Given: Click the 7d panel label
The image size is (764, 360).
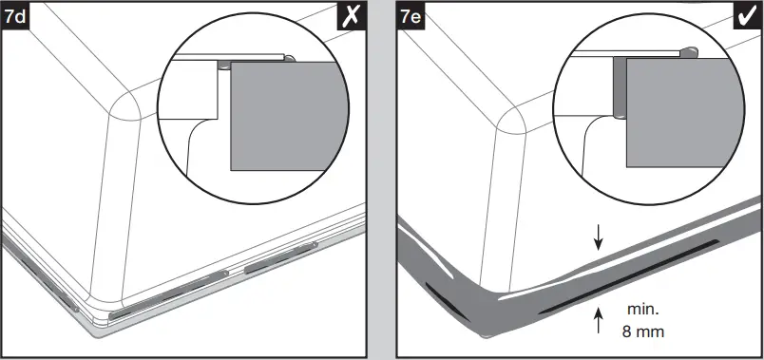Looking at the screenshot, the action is click(16, 15).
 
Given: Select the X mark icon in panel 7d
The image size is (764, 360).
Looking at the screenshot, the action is click(352, 16).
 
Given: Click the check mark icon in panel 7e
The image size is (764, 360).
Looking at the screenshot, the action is click(745, 16).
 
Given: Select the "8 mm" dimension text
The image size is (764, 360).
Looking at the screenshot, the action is click(642, 332).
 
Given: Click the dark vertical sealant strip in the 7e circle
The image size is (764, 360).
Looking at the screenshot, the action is click(619, 86).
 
